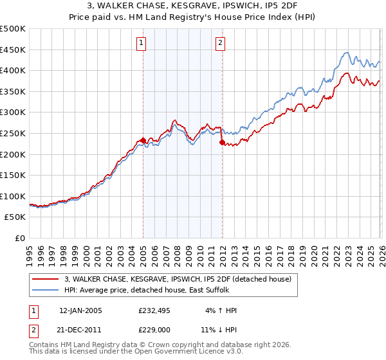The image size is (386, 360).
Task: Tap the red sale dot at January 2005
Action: [143, 140]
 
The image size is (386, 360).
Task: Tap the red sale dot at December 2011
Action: [222, 142]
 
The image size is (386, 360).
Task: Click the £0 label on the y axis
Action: [21, 238]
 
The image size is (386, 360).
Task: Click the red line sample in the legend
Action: [46, 279]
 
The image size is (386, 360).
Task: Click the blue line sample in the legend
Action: [46, 290]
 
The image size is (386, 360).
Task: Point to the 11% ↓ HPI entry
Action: [219, 330]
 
